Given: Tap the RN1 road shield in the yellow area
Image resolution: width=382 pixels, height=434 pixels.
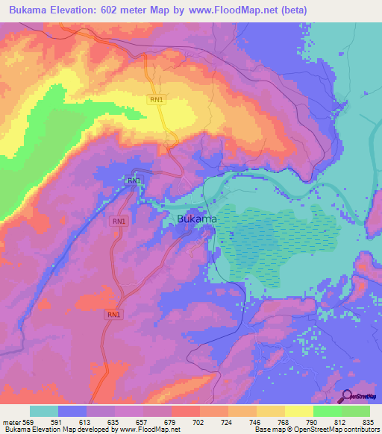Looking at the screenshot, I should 156,99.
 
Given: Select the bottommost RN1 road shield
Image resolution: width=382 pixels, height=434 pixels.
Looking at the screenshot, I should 113,315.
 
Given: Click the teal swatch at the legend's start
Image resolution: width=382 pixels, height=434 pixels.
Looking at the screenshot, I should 44,411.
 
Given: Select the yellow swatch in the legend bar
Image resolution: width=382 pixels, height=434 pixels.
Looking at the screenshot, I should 299,411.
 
